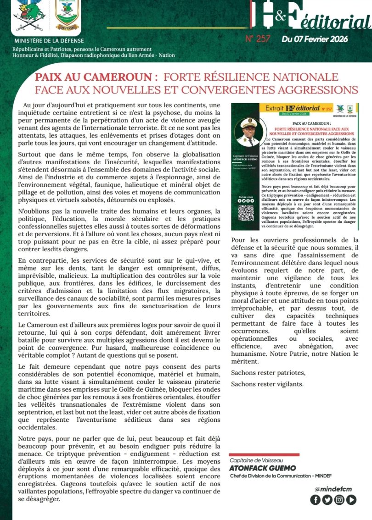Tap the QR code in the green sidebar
point(246,213)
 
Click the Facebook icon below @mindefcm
point(316,500)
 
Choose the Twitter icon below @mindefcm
point(327,500)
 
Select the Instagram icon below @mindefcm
point(339,500)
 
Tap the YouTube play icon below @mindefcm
point(351,500)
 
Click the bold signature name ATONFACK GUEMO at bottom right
point(263,468)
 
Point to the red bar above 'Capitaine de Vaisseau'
point(264,454)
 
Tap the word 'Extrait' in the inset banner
point(271,109)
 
